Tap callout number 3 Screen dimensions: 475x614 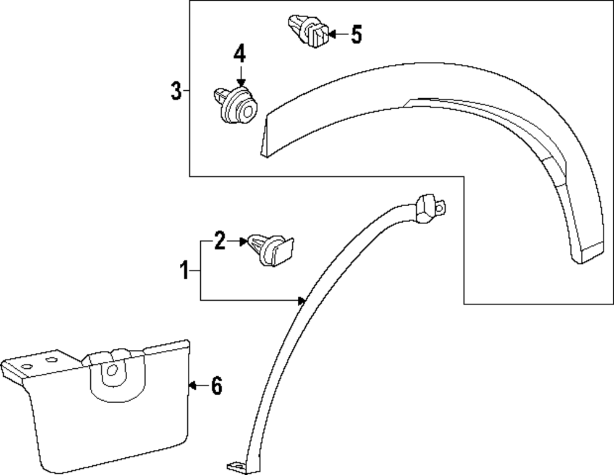pyautogui.click(x=176, y=92)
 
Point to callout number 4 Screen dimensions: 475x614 pyautogui.click(x=239, y=54)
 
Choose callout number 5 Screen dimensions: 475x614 pyautogui.click(x=356, y=35)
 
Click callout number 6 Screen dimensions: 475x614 pyautogui.click(x=216, y=386)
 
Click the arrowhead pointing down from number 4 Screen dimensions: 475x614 pyautogui.click(x=240, y=82)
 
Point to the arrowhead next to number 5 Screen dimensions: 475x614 pyautogui.click(x=330, y=35)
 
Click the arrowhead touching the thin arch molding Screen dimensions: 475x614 pyautogui.click(x=301, y=300)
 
